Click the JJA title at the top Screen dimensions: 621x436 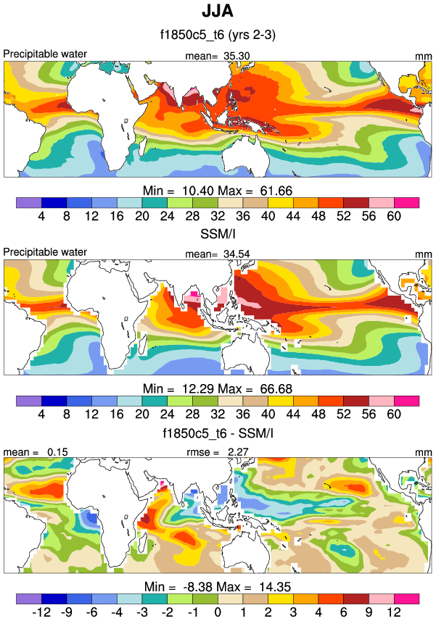pos(218,12)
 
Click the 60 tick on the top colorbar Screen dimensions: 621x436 pos(394,216)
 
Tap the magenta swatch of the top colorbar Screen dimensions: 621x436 pos(407,202)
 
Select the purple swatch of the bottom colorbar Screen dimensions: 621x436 pos(28,598)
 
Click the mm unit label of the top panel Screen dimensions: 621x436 pos(424,55)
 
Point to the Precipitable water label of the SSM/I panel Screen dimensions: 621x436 pos(45,252)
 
